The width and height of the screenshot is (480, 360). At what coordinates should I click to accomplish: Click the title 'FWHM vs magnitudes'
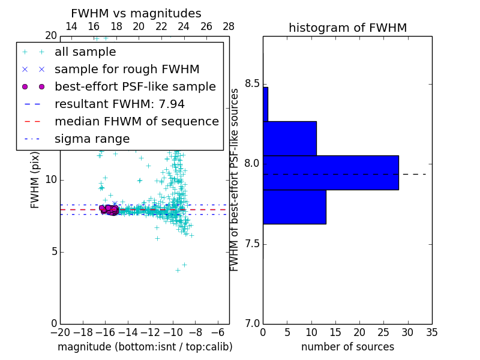(136, 14)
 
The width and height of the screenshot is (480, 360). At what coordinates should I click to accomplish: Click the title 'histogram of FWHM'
(347, 28)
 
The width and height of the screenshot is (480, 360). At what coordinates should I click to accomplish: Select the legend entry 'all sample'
(85, 52)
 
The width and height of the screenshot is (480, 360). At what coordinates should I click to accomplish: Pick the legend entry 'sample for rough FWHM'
(127, 69)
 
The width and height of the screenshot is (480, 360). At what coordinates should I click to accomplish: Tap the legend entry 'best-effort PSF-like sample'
(135, 86)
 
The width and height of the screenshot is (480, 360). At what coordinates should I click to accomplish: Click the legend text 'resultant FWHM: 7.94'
(119, 104)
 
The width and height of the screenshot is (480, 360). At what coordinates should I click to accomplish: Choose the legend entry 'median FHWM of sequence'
(136, 121)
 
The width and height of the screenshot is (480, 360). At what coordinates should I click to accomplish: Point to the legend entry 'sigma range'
(92, 139)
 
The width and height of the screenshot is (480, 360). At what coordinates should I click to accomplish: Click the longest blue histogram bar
(331, 172)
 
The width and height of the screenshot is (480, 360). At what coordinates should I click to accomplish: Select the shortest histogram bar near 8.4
(265, 104)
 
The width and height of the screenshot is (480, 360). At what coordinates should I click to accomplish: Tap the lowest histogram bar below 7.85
(294, 207)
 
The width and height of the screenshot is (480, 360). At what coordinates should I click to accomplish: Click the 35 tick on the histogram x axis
(431, 332)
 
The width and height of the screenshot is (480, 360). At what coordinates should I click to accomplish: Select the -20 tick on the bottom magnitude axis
(60, 332)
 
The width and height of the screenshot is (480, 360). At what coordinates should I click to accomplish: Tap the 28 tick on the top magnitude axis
(229, 26)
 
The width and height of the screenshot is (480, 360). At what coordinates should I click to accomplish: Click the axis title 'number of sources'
(347, 347)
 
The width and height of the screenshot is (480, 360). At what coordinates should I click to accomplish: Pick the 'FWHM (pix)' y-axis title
(35, 180)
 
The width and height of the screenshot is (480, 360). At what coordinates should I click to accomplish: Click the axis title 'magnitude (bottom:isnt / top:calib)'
(145, 347)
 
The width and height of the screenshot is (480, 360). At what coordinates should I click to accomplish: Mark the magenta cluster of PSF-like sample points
(109, 209)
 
